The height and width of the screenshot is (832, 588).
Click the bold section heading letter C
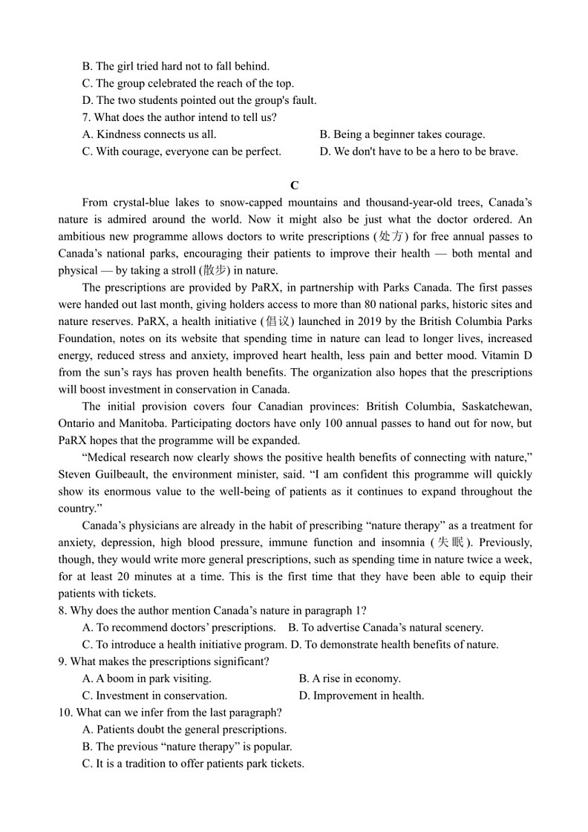295,186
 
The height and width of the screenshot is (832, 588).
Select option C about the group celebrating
187,83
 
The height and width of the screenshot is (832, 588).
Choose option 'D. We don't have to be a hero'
418,151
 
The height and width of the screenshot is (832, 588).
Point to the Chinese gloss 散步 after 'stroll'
215,270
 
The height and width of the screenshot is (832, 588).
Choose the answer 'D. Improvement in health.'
361,695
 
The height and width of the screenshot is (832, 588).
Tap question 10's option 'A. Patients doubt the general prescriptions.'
184,730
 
